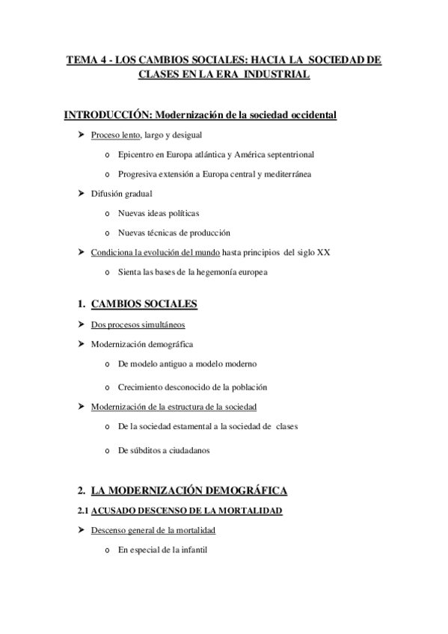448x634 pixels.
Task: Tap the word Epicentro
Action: (x=138, y=155)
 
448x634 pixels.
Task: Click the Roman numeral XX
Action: (x=323, y=252)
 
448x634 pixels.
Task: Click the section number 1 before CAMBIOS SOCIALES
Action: (x=81, y=304)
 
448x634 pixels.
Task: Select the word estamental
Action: (x=195, y=427)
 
